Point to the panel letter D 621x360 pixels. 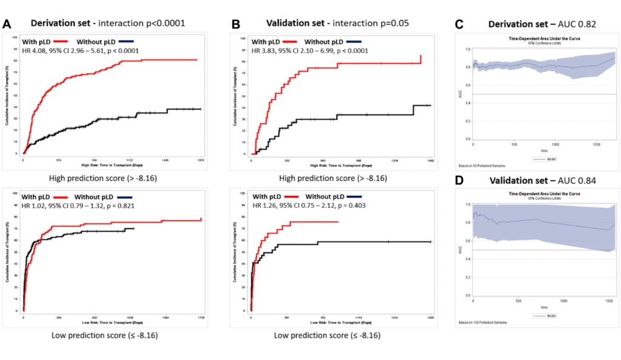460,181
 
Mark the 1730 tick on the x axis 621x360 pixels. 201,317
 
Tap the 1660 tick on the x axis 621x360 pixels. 430,161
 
